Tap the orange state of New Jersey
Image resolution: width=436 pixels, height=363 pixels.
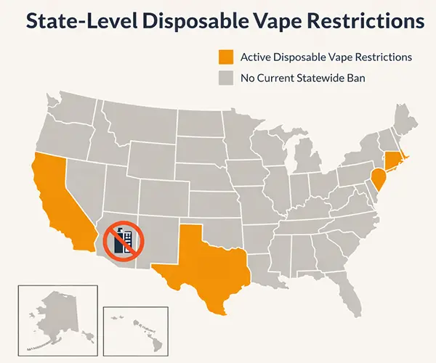tap(378, 178)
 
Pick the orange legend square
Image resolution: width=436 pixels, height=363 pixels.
tap(226, 57)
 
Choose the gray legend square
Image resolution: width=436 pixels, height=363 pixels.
tap(226, 77)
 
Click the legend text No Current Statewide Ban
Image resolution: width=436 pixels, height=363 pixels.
tap(302, 77)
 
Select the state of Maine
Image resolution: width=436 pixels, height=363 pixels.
tap(403, 120)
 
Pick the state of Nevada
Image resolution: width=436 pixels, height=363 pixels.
tap(84, 181)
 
